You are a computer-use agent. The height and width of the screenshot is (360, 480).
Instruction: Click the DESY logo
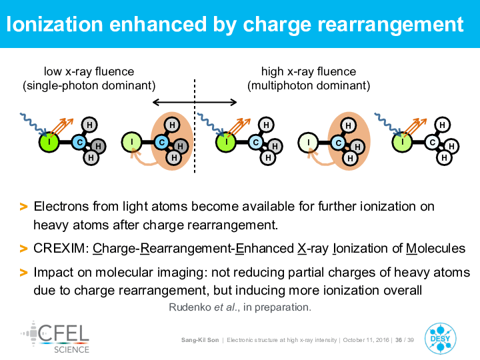(440, 338)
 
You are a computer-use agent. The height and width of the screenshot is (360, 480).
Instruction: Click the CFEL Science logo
(55, 337)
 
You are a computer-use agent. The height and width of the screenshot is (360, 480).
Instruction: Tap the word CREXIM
(59, 248)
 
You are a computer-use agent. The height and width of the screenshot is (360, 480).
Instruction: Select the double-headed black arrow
(195, 102)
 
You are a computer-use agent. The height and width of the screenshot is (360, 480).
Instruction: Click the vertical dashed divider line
(195, 126)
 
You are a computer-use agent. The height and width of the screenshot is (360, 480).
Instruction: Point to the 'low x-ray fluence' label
(89, 71)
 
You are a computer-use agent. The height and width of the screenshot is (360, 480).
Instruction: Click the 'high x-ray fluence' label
(309, 71)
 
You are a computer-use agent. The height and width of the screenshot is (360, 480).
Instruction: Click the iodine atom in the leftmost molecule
(49, 142)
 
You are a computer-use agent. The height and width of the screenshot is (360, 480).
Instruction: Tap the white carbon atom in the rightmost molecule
(432, 142)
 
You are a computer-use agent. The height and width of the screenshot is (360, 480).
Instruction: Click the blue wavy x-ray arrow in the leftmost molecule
(33, 124)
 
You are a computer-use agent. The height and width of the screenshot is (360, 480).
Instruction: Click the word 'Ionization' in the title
(55, 24)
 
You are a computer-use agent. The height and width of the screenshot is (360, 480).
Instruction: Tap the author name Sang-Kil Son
(200, 340)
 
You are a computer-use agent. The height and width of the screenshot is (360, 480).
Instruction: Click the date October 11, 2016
(366, 340)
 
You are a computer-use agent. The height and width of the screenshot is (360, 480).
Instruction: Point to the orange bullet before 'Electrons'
(23, 207)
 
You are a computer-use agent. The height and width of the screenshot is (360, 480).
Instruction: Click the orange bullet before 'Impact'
(23, 272)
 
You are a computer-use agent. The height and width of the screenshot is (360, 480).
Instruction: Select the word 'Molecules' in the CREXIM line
(435, 248)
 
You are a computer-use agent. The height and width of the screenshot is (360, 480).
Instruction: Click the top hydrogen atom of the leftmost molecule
(89, 125)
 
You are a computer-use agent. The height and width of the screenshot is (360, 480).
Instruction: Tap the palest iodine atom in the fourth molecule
(308, 143)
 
